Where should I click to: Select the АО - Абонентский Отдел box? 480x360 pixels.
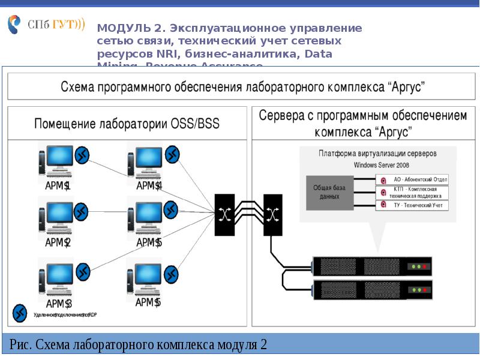point(413,179)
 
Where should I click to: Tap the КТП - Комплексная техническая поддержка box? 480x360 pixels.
point(413,192)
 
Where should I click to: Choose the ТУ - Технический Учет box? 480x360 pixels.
point(413,205)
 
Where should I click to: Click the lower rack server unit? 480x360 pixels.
point(371,291)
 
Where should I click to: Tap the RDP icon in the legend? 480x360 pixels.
point(20,312)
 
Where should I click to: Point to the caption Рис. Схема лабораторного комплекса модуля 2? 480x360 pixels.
point(138,345)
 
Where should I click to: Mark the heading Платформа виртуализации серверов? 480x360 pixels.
point(377,154)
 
